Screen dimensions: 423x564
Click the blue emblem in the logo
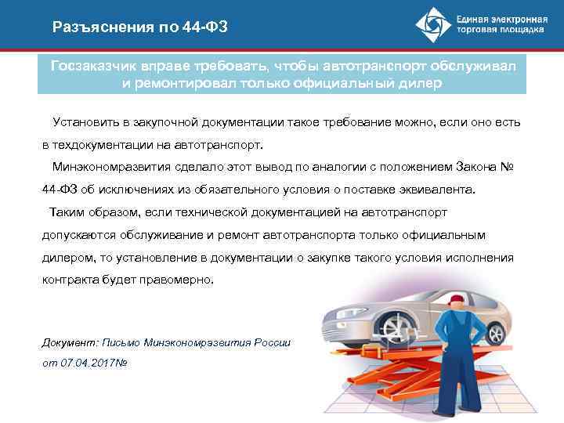coord(433,26)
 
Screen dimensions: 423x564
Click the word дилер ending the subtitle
coord(423,84)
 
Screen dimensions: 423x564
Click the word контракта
coord(67,280)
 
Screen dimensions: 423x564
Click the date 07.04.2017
coord(87,365)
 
